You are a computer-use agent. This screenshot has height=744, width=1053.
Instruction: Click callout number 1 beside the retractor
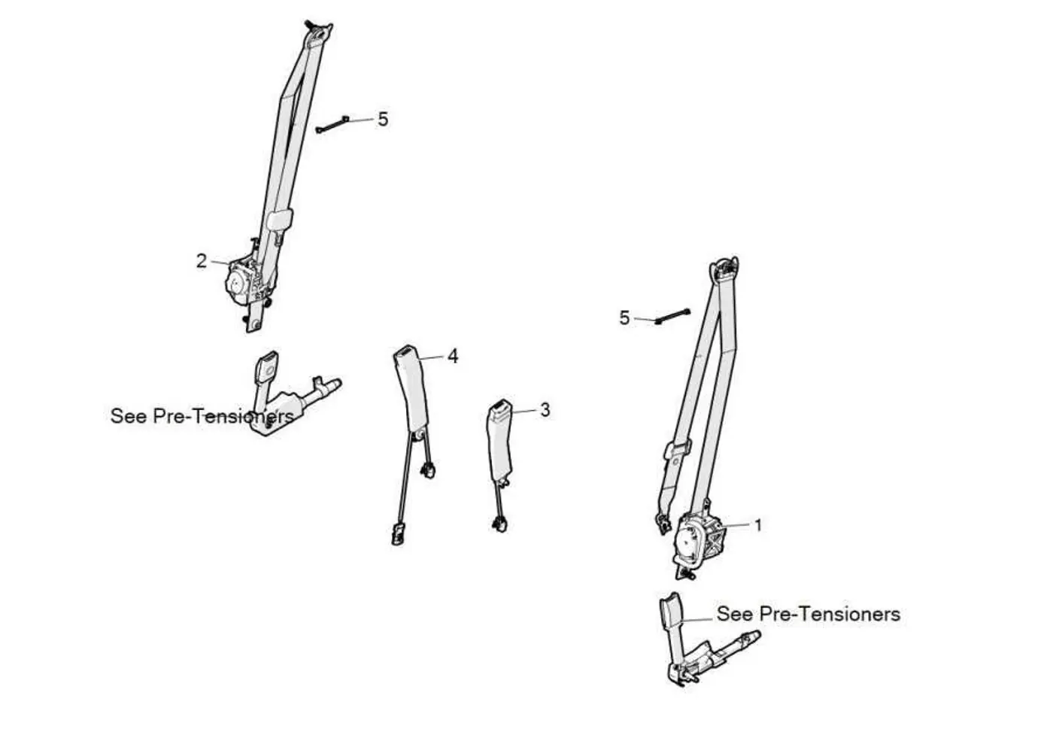pyautogui.click(x=758, y=525)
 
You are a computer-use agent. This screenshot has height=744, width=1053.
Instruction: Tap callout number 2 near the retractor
pyautogui.click(x=202, y=261)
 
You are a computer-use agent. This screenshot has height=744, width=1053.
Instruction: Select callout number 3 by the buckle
pyautogui.click(x=545, y=410)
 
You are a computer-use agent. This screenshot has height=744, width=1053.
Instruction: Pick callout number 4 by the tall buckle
pyautogui.click(x=453, y=357)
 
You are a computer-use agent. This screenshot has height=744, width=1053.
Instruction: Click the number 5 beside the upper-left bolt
pyautogui.click(x=383, y=120)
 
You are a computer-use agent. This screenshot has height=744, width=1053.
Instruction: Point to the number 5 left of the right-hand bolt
pyautogui.click(x=624, y=318)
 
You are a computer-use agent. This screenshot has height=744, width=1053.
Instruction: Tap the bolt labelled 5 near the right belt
pyautogui.click(x=672, y=316)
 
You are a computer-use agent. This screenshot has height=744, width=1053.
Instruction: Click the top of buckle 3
pyautogui.click(x=499, y=405)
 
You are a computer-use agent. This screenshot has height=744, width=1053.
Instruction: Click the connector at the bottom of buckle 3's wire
pyautogui.click(x=499, y=524)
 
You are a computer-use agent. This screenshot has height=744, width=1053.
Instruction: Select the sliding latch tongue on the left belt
pyautogui.click(x=280, y=220)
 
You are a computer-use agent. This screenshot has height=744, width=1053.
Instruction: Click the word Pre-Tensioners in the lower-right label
pyautogui.click(x=830, y=614)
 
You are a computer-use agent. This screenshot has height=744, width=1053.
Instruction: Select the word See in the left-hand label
pyautogui.click(x=129, y=416)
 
